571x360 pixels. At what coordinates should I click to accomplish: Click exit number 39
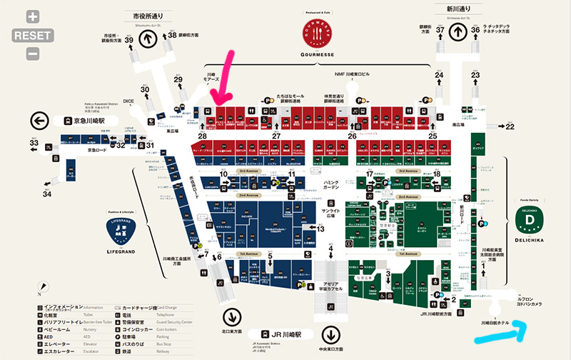pyautogui.click(x=129, y=39)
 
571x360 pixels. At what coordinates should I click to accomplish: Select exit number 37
pyautogui.click(x=440, y=30)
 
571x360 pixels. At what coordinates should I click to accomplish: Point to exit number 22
pyautogui.click(x=510, y=126)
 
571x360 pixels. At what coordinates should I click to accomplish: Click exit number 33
pyautogui.click(x=34, y=143)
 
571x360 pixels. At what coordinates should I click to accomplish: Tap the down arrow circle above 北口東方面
pyautogui.click(x=231, y=317)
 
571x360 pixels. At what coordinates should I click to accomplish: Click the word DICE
pyautogui.click(x=128, y=101)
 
